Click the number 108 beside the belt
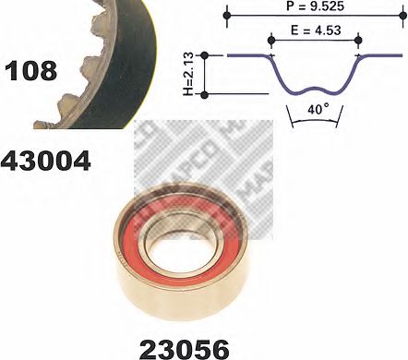pos(31,71)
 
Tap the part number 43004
pos(46,161)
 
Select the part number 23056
pos(185,349)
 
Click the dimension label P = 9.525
pos(315,6)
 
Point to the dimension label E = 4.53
pos(316,30)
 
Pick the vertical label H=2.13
pos(188,74)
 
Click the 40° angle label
pos(318,109)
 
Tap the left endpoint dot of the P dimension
pos(227,15)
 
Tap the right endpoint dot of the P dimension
pos(402,15)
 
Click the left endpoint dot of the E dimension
pos(271,40)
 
